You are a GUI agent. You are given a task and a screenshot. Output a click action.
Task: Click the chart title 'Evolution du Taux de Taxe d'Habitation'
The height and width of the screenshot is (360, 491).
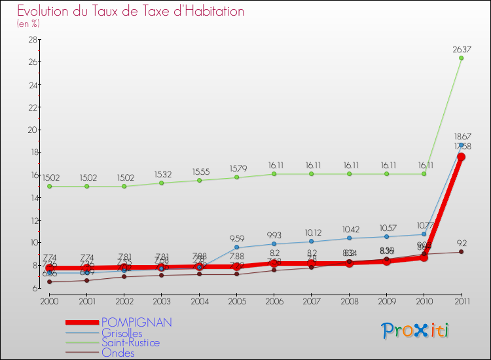(131, 11)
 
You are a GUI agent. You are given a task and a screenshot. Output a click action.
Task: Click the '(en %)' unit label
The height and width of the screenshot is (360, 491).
(28, 24)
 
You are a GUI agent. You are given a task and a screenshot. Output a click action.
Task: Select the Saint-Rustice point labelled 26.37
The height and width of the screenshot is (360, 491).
(462, 58)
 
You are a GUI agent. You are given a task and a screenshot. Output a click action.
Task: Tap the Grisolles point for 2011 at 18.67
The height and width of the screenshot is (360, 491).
(462, 145)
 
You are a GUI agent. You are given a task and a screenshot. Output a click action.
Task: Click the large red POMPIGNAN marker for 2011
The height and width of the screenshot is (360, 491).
(462, 157)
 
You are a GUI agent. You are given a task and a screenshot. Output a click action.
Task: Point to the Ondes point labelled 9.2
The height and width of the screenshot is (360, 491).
(462, 252)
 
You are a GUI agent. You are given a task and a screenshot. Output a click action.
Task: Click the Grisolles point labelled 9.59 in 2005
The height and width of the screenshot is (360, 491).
(236, 248)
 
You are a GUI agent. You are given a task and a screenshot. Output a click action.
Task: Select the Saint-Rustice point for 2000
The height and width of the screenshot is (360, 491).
(49, 187)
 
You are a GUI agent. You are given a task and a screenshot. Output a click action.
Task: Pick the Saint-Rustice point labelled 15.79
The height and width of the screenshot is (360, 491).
(236, 177)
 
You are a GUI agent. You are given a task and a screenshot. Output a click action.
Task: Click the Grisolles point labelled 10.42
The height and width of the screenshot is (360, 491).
(349, 238)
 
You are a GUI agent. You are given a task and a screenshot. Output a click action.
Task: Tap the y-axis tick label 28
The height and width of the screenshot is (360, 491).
(32, 39)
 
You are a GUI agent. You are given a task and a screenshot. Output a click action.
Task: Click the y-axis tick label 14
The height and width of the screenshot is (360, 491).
(32, 197)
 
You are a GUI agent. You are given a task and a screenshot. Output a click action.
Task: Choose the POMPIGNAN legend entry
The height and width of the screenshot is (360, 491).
(137, 322)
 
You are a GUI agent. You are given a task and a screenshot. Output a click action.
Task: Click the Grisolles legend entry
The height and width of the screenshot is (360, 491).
(122, 333)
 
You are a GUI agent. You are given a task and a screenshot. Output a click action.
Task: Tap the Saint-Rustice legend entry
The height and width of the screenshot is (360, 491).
(130, 342)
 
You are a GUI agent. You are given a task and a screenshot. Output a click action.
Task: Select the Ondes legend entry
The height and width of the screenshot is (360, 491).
(118, 353)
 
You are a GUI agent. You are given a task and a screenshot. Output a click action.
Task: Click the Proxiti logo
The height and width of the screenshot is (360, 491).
(416, 331)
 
